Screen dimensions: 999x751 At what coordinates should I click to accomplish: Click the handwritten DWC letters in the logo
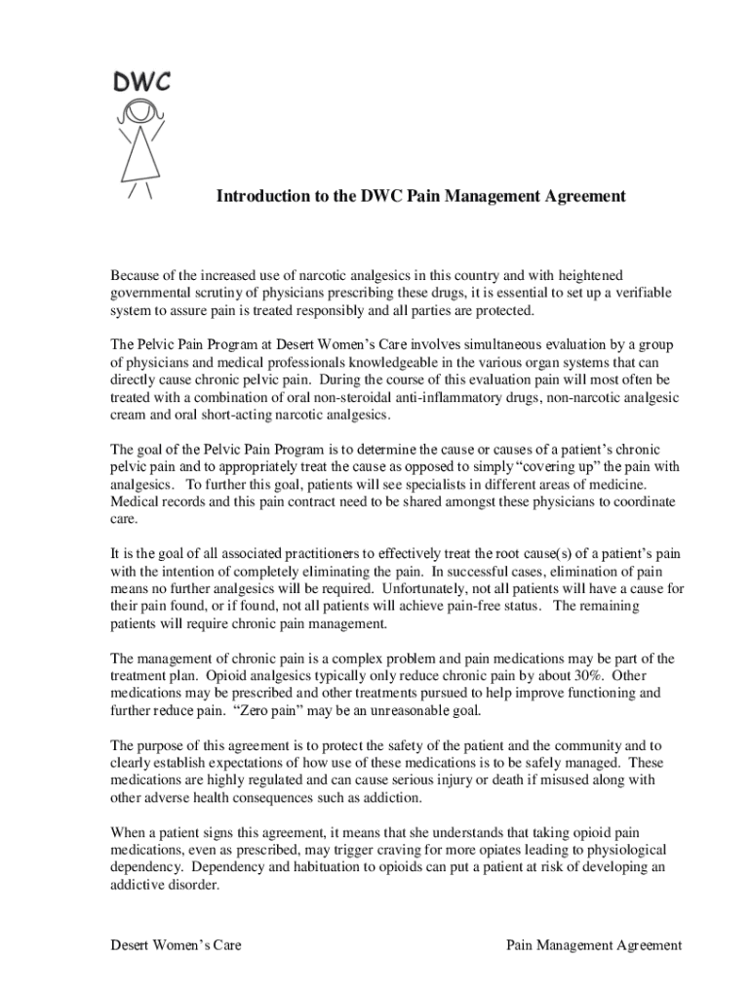pos(141,82)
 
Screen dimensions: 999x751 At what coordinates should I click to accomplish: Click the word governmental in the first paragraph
pos(152,294)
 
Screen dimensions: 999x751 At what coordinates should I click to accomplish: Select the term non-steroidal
pos(377,398)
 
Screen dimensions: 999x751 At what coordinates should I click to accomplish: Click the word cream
pos(130,416)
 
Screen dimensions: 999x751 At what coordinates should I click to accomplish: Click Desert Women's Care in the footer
pos(176,945)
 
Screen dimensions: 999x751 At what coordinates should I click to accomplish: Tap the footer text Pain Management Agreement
pos(594,945)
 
